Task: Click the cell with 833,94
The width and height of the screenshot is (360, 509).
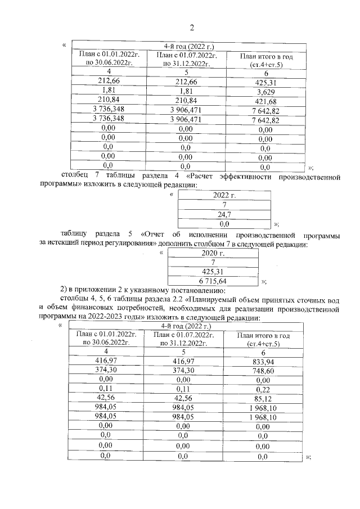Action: (263, 360)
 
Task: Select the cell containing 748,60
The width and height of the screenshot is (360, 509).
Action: (263, 370)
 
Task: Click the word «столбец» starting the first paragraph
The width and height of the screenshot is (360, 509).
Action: (74, 177)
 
